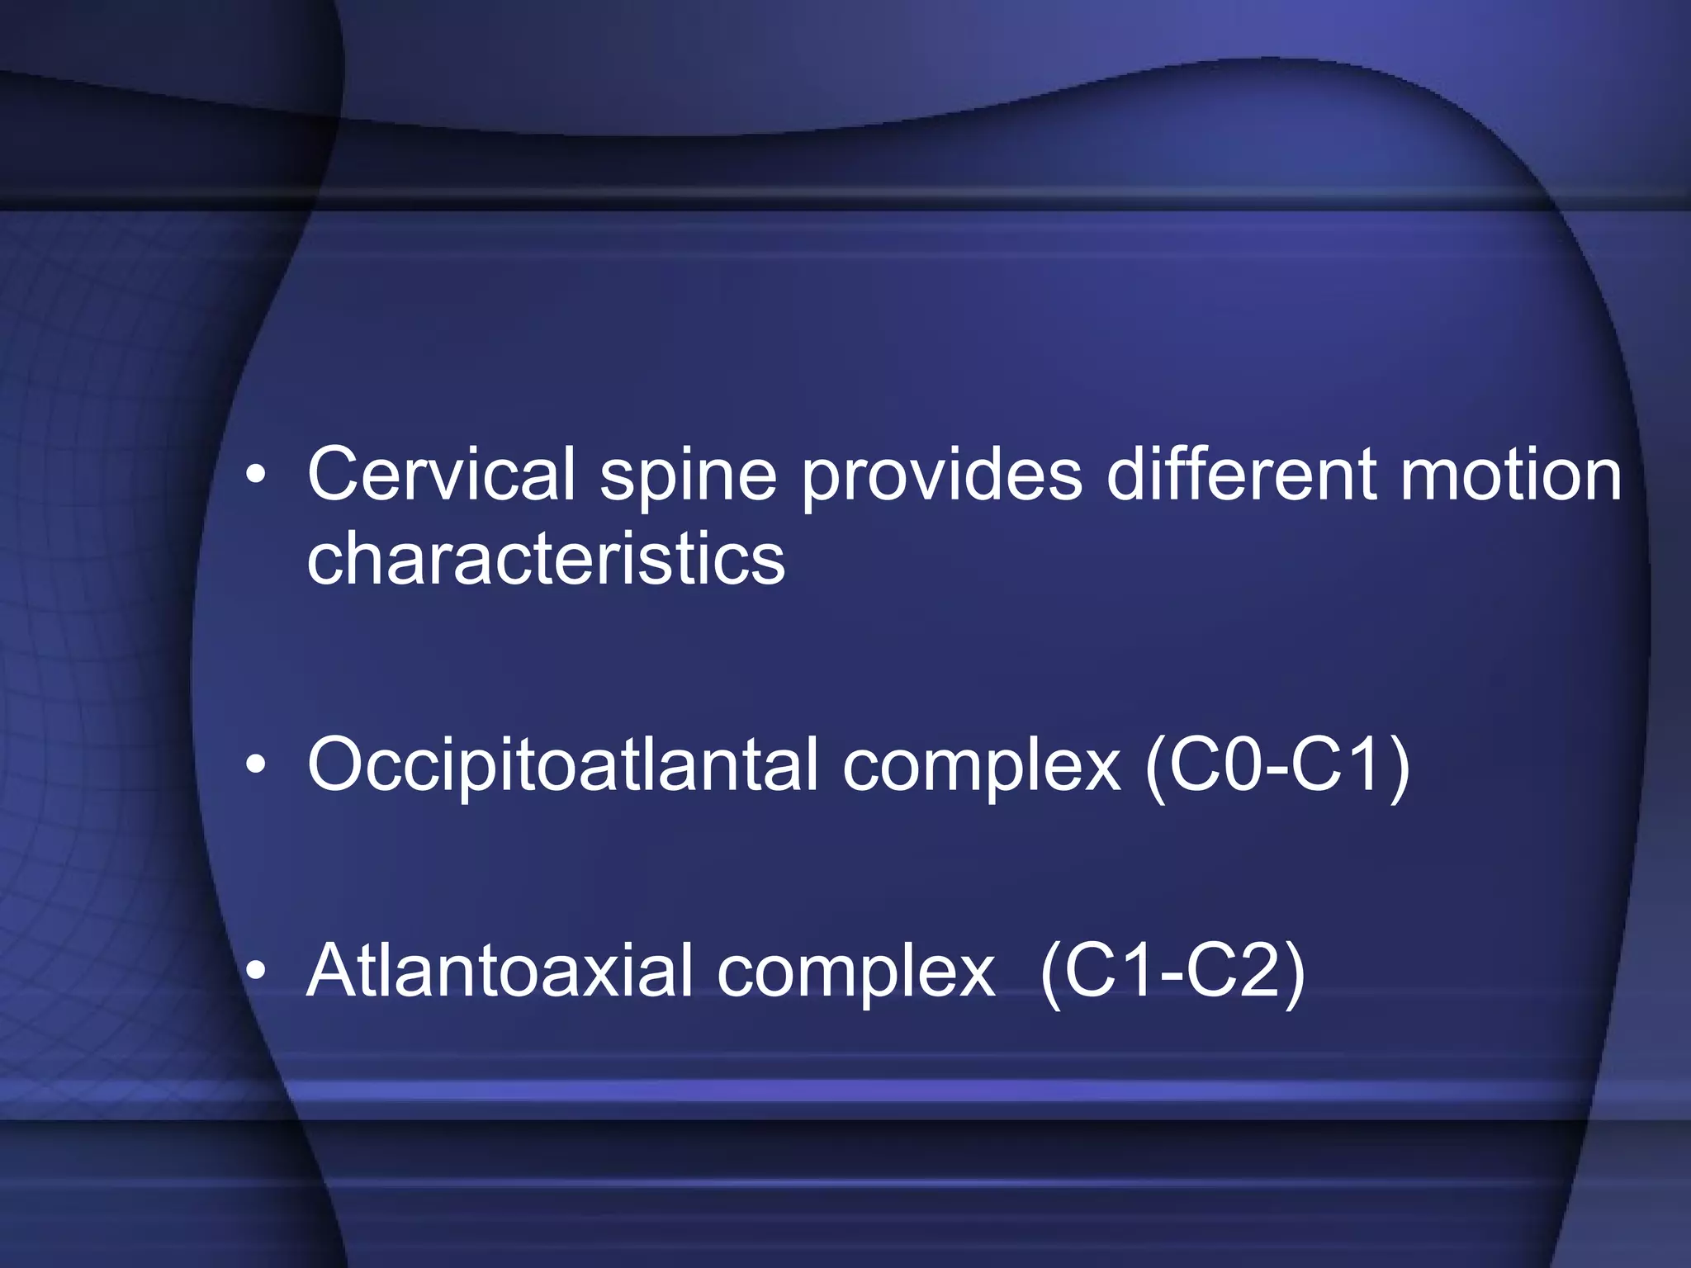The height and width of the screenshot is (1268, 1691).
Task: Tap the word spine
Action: (x=688, y=477)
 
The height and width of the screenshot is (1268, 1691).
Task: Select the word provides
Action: (x=941, y=477)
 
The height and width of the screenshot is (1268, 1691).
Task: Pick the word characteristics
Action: (x=545, y=560)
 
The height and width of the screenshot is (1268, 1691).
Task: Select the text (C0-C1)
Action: (x=1277, y=766)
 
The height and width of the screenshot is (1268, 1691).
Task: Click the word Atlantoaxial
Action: (x=499, y=971)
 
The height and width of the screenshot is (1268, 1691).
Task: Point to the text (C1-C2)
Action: (x=1172, y=972)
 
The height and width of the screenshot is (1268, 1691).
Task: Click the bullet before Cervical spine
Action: (x=256, y=475)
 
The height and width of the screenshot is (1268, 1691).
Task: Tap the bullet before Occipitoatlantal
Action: (x=256, y=765)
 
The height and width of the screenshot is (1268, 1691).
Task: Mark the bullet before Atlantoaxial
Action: (x=256, y=972)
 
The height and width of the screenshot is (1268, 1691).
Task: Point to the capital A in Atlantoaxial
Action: (x=334, y=971)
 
